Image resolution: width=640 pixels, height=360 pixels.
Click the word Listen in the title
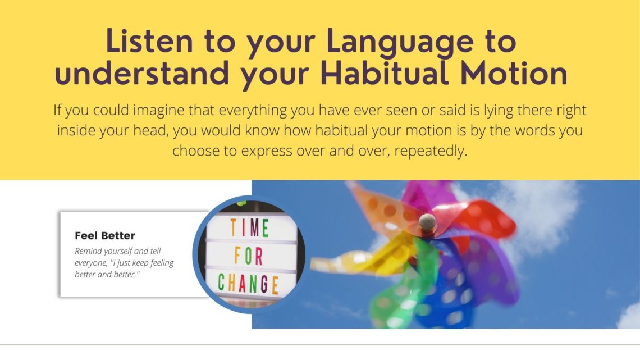149,41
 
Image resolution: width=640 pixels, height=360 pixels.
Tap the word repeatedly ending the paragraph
431,152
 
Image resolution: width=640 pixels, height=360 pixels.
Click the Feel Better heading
105,235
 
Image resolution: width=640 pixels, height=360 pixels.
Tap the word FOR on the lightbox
248,256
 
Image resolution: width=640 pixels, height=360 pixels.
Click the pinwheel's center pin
427,222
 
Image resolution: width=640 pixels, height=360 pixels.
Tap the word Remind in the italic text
88,251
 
